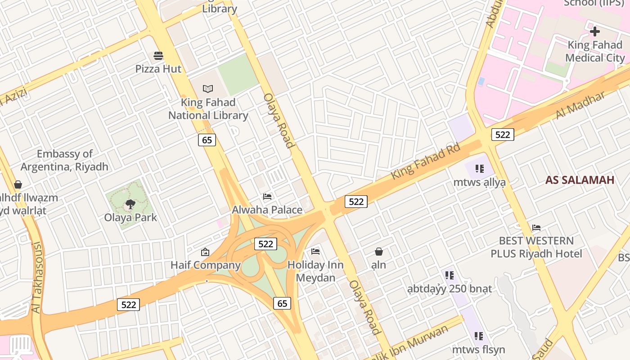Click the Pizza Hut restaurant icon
(158, 55)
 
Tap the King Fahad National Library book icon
(207, 89)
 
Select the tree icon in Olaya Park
(130, 204)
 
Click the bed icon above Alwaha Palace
(267, 197)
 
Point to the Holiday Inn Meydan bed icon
(315, 251)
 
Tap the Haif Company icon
(205, 252)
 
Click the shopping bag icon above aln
(379, 251)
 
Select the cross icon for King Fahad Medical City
(595, 31)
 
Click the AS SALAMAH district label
(580, 180)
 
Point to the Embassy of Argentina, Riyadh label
(64, 160)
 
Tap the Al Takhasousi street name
(37, 278)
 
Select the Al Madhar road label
(580, 105)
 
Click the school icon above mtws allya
(479, 169)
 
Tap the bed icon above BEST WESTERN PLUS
(536, 227)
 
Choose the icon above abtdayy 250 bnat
(449, 275)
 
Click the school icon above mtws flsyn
(478, 336)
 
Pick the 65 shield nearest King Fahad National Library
(207, 140)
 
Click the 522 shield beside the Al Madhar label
(502, 135)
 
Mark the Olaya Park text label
(130, 217)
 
